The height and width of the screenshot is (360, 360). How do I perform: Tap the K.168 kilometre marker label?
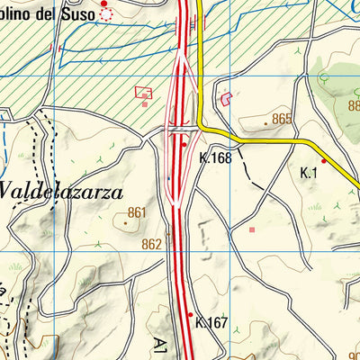tap(215, 157)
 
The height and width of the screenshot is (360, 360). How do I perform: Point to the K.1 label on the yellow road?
tap(310, 171)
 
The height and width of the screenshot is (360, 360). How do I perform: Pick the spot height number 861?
tap(137, 212)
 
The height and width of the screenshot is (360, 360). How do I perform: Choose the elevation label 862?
tap(151, 244)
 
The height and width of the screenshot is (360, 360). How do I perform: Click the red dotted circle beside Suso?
tap(107, 14)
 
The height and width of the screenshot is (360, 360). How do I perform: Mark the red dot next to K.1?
tap(324, 161)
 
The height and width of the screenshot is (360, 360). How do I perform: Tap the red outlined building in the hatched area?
tap(143, 92)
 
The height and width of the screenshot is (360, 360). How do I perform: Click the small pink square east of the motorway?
tap(253, 230)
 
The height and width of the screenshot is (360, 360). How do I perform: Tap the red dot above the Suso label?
tap(103, 3)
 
